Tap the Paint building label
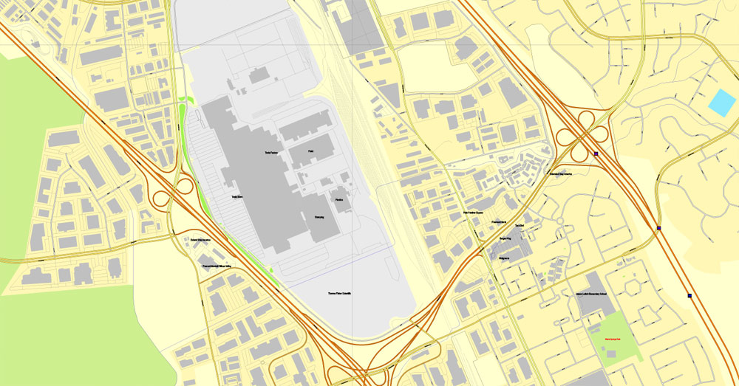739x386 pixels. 312,151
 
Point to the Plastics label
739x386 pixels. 341,200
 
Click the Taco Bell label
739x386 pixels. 520,226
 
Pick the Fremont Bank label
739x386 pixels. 494,221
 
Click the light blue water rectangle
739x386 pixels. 722,103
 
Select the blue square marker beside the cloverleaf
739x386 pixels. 596,154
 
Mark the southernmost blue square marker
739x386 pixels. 689,296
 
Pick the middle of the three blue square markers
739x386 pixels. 658,229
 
